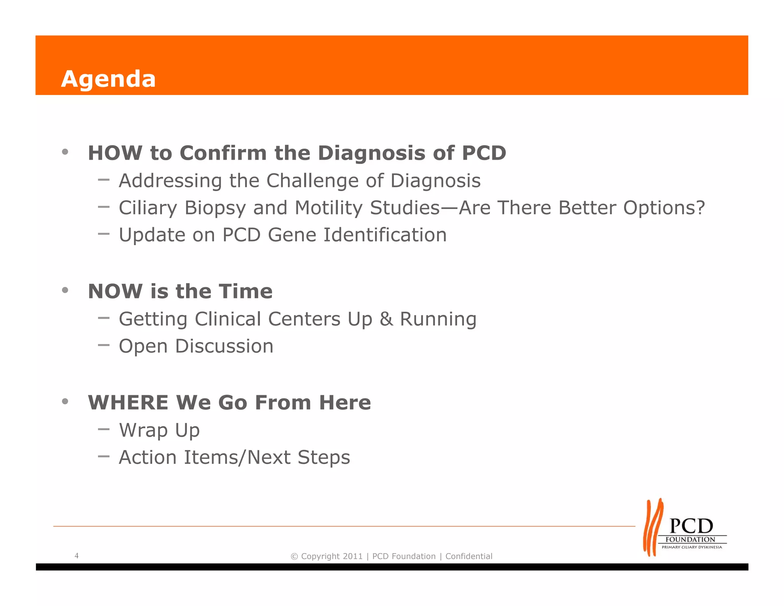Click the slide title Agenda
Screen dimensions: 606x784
108,79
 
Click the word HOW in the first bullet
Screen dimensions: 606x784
115,153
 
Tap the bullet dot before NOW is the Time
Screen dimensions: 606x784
65,290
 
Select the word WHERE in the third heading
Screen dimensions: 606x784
128,403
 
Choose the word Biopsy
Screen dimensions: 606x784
215,208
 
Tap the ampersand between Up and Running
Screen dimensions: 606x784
386,319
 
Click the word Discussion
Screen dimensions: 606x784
224,346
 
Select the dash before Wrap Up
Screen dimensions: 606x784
104,429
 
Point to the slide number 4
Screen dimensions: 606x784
77,555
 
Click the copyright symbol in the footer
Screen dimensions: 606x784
294,557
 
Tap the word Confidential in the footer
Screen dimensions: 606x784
469,556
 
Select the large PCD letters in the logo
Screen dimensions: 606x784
691,526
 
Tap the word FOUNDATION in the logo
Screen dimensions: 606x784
690,539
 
